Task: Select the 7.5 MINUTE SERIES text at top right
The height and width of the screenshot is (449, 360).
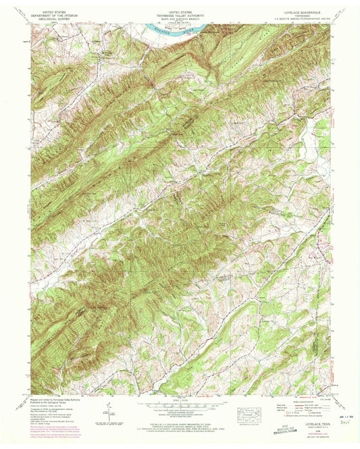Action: click(301, 20)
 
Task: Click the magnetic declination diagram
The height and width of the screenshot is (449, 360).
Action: click(107, 410)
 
